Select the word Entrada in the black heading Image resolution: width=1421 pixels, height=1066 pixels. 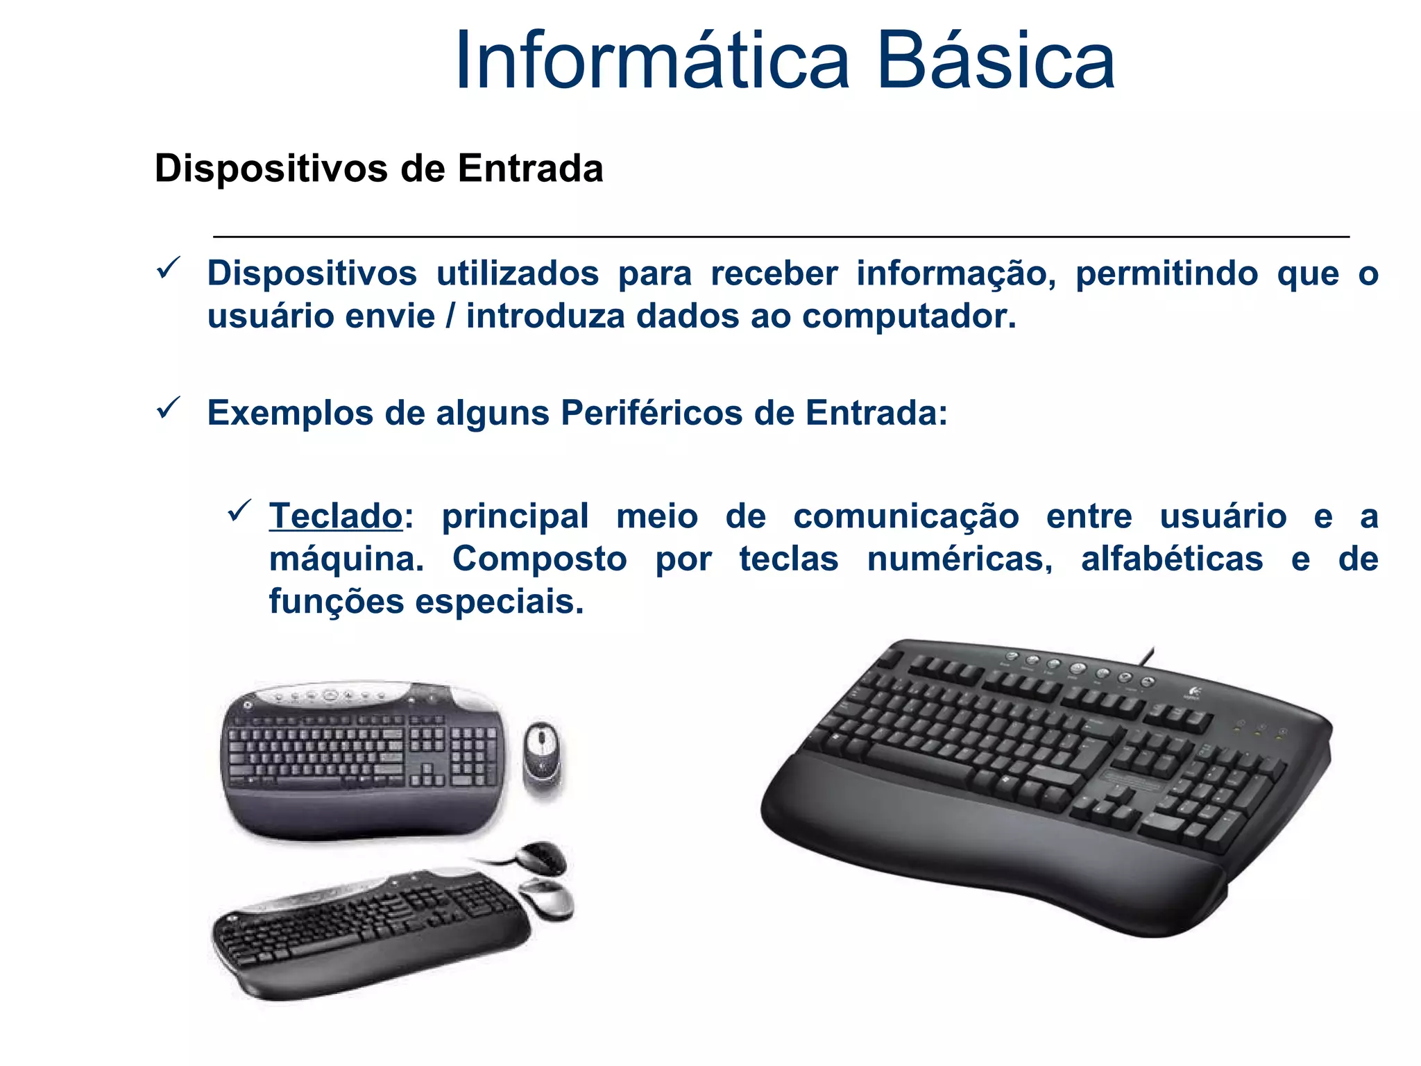[x=530, y=169]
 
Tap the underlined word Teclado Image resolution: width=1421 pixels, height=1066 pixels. [x=336, y=516]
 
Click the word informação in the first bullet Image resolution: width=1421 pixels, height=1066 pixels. [x=955, y=273]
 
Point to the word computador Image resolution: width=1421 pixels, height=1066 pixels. [x=909, y=316]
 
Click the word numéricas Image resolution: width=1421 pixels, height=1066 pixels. [x=960, y=559]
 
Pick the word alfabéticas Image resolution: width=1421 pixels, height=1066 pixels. [x=1172, y=559]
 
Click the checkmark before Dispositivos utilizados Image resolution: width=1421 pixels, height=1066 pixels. [x=169, y=268]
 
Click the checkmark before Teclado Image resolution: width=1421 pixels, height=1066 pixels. [x=239, y=511]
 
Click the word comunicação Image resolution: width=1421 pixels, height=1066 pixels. [x=906, y=516]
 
